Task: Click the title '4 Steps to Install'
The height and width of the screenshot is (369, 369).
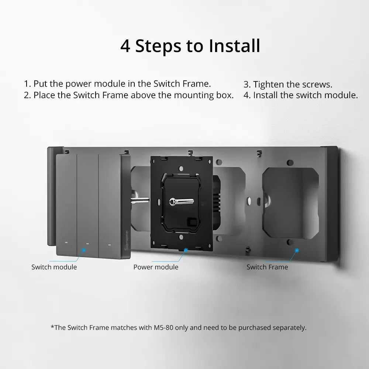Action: point(190,46)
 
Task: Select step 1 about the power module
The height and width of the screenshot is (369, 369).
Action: point(117,83)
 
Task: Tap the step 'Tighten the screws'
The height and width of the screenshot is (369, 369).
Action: point(288,85)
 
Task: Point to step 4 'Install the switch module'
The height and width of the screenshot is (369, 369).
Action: point(300,95)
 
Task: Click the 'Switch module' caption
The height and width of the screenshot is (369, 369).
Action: point(54,267)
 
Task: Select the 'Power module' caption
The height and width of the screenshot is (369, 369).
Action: point(156,267)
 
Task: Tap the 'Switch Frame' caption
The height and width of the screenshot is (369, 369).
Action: point(267,267)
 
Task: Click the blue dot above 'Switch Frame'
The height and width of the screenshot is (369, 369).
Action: point(297,250)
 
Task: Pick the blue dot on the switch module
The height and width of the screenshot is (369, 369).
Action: point(84,250)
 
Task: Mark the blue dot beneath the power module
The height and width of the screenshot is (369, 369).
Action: point(186,250)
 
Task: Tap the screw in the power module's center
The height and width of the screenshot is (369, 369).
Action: point(172,201)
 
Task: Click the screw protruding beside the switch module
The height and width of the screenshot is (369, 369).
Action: point(139,201)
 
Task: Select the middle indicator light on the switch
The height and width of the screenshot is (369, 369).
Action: point(87,244)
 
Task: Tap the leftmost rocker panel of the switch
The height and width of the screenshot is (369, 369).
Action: point(66,203)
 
